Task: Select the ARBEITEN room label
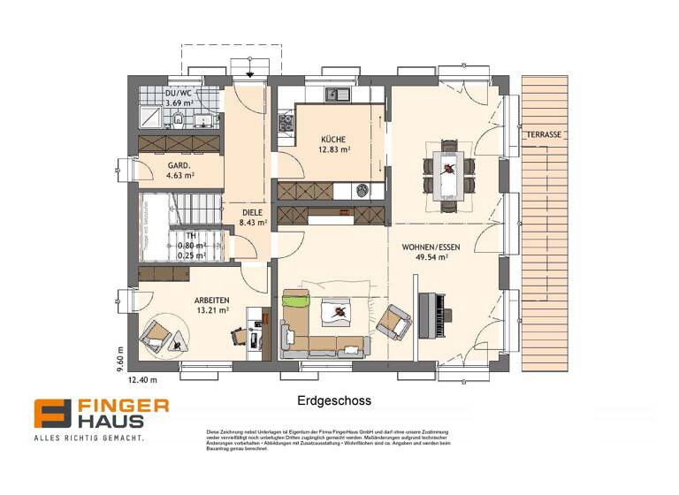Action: (x=211, y=300)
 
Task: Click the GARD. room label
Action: (x=180, y=164)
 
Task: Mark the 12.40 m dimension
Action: (x=142, y=381)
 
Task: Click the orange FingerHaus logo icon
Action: (x=53, y=414)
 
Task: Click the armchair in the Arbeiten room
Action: (x=156, y=333)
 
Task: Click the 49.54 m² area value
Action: (x=434, y=257)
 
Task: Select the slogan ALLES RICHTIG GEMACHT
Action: (x=88, y=438)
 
